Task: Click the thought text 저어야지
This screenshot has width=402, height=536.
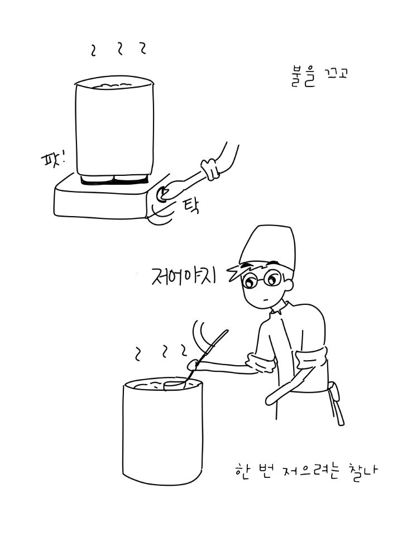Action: [184, 275]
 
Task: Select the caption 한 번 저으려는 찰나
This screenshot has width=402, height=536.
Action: [307, 471]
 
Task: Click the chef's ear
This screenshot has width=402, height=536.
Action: [289, 285]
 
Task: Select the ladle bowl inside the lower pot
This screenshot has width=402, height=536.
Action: [175, 385]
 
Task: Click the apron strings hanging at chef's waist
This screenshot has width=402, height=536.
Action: [336, 403]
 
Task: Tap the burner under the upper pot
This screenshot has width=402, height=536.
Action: [114, 180]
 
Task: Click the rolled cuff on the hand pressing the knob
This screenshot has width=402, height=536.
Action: [210, 169]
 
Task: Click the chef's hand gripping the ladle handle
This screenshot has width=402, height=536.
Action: [194, 365]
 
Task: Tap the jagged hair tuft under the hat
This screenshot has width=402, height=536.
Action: [236, 271]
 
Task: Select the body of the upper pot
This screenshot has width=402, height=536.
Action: [114, 127]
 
